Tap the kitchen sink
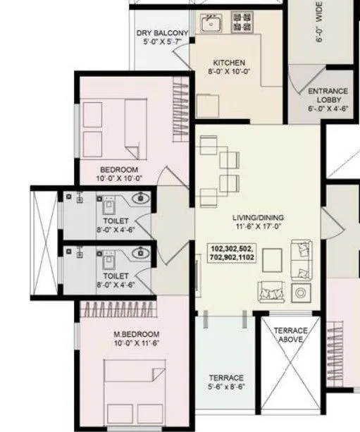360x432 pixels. [x=210, y=25]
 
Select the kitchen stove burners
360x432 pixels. [x=243, y=25]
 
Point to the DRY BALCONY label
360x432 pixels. [x=162, y=33]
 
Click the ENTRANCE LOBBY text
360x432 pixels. [x=328, y=96]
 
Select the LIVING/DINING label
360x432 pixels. [x=258, y=218]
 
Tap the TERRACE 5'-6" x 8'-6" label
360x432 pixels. [x=226, y=378]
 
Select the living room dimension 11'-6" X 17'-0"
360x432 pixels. [x=258, y=227]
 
